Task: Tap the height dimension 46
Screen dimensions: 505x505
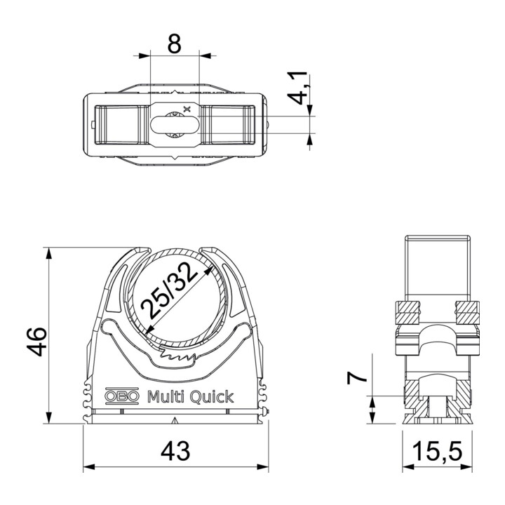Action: tap(36, 342)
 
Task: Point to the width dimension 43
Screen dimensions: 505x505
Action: tap(175, 451)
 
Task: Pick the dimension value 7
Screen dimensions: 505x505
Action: tap(356, 377)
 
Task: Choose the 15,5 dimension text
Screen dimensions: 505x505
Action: tap(438, 451)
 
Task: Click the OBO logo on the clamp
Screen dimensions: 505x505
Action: tap(122, 396)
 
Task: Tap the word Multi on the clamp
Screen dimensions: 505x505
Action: tap(166, 396)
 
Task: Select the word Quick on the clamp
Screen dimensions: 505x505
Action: tap(211, 397)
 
